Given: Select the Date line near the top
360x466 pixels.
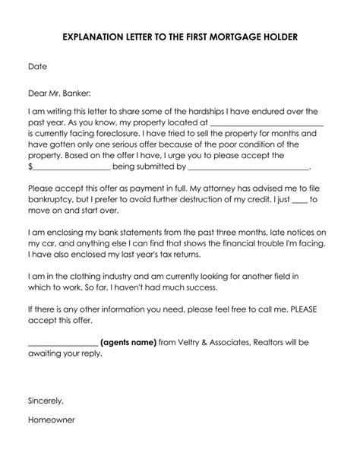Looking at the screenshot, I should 37,66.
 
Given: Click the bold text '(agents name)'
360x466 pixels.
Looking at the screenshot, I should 128,343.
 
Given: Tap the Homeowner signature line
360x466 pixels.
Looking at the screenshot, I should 52,440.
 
